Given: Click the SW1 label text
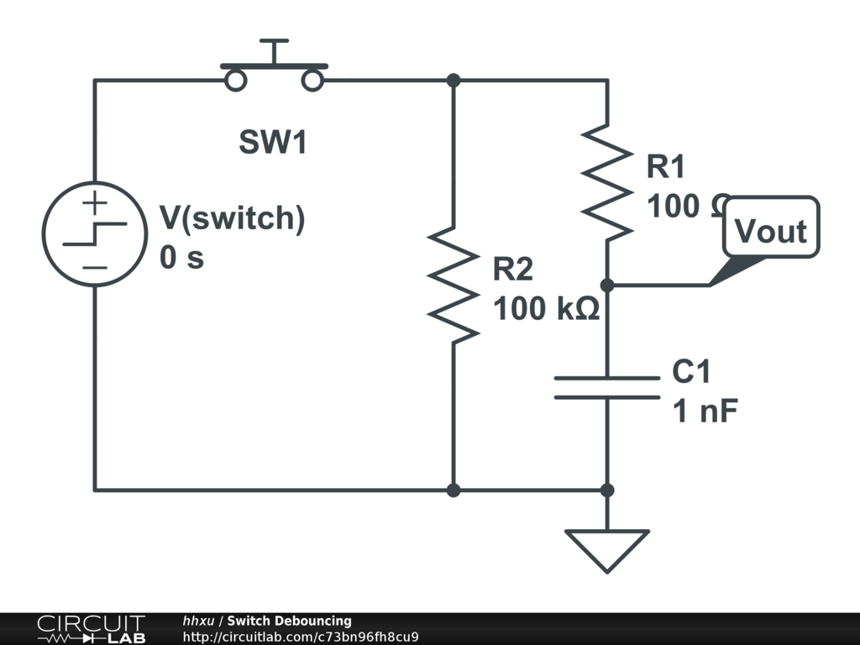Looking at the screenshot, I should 274,143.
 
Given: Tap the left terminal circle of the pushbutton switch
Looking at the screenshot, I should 236,81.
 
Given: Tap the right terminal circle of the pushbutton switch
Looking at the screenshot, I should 313,81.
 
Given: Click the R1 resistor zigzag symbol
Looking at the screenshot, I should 607,181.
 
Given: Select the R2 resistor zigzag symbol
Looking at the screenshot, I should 454,284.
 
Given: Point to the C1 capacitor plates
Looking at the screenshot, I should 607,387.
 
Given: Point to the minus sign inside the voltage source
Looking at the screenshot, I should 95,267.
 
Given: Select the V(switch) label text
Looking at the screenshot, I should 232,218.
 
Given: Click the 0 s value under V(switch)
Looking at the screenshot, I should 181,258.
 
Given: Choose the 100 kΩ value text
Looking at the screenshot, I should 546,309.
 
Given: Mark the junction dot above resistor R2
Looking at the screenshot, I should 454,81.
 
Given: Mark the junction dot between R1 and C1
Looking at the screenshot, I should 607,286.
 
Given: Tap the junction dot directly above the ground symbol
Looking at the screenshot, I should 607,490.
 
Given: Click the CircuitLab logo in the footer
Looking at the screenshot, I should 91,629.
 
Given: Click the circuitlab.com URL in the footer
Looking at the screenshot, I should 301,637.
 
